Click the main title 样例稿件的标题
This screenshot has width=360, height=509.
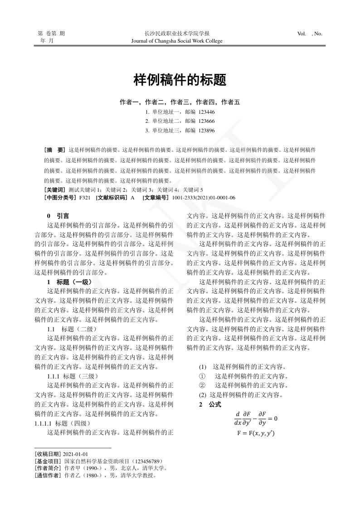[x=180, y=80]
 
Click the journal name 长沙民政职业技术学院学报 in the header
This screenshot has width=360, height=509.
[x=176, y=34]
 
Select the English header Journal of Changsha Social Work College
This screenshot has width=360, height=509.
[x=176, y=41]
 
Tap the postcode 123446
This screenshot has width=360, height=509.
[x=206, y=112]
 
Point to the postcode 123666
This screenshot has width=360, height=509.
[x=206, y=121]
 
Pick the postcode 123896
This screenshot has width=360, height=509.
[x=206, y=131]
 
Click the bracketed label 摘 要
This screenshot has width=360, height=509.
[x=55, y=149]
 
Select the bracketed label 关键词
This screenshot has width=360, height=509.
[x=55, y=189]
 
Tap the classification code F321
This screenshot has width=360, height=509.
[x=85, y=198]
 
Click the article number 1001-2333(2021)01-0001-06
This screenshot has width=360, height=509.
[x=204, y=198]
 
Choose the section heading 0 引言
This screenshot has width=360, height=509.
[x=58, y=216]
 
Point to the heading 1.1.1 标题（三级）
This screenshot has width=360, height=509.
[x=72, y=376]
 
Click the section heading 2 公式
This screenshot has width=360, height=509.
[x=210, y=404]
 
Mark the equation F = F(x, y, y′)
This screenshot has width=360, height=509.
[x=256, y=433]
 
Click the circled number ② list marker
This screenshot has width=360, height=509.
[x=202, y=385]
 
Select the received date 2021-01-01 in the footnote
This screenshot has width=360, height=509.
[x=76, y=454]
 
